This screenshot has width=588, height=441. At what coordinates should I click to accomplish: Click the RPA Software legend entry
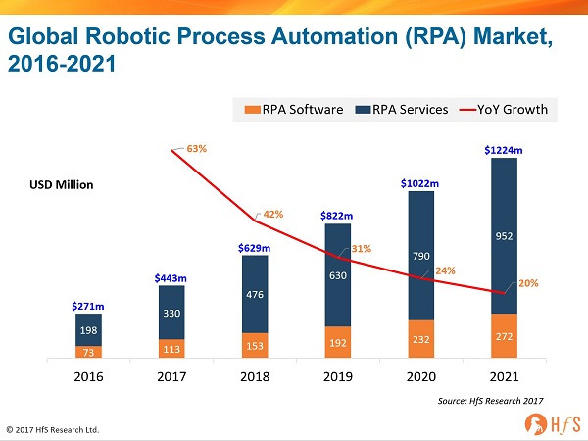click(x=295, y=109)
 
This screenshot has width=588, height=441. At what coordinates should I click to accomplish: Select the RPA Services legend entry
click(x=402, y=109)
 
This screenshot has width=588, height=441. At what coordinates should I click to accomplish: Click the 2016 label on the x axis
click(x=88, y=375)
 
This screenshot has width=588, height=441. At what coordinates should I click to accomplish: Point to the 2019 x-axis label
click(x=338, y=375)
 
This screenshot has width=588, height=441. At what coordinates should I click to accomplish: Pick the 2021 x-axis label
click(x=505, y=375)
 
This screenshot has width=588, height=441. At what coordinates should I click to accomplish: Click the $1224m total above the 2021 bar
click(x=505, y=150)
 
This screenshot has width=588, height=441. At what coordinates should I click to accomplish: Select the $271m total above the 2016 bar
click(x=88, y=306)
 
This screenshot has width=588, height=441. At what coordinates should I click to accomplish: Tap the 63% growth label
click(x=196, y=149)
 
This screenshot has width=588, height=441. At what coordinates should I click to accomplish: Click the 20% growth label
click(x=528, y=282)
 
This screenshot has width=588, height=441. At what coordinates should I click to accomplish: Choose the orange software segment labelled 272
click(x=505, y=336)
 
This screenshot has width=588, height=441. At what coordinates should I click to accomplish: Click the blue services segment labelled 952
click(x=505, y=236)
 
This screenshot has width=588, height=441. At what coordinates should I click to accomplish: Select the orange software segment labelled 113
click(x=171, y=348)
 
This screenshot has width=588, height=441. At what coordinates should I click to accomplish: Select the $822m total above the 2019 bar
click(x=338, y=215)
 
